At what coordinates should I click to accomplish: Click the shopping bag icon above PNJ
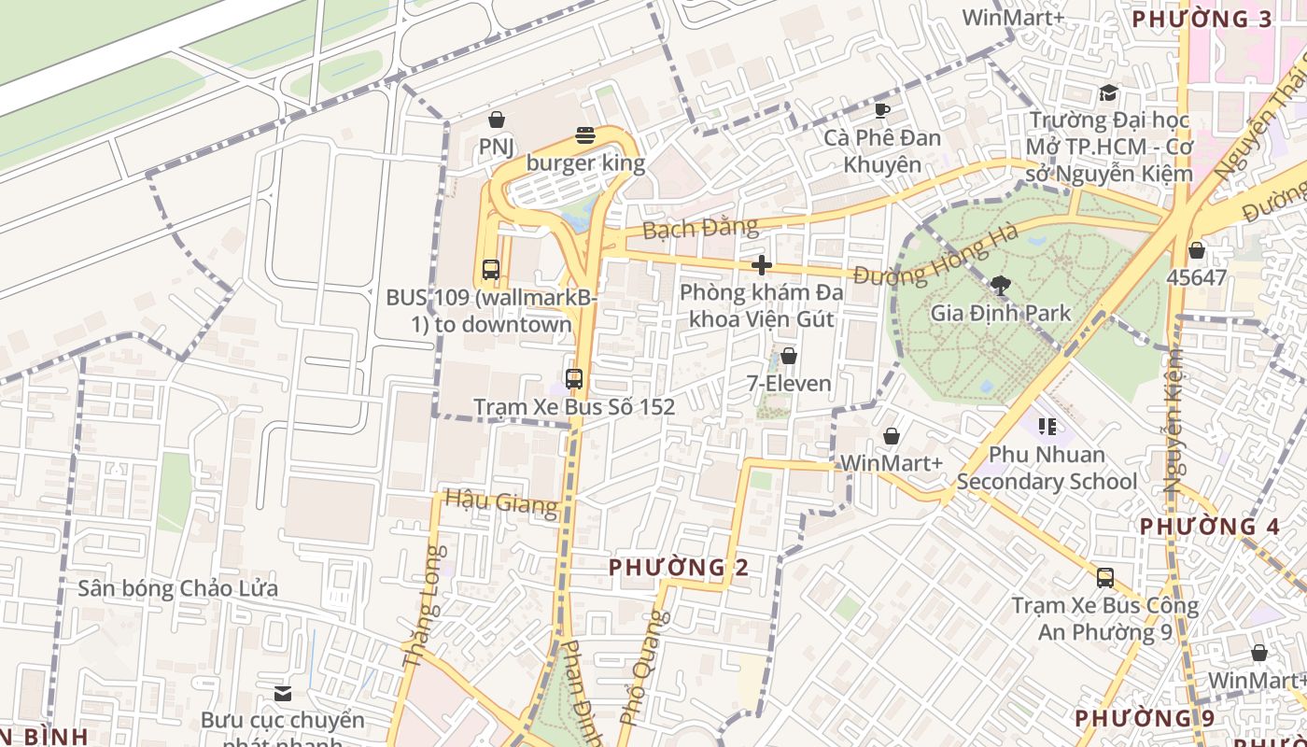(x=497, y=120)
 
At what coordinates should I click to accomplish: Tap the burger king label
(x=585, y=163)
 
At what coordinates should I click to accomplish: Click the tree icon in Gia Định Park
(x=1001, y=285)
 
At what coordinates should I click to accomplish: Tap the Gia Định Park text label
(x=1001, y=313)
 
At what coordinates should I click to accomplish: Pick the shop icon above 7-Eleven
(x=789, y=356)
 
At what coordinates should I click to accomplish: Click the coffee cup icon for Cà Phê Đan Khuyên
(x=881, y=111)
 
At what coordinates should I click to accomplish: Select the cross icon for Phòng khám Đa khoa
(x=762, y=265)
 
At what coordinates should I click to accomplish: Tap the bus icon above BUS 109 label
(x=491, y=270)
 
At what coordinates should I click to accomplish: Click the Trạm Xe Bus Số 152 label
(x=574, y=407)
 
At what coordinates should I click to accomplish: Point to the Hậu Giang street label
(x=501, y=501)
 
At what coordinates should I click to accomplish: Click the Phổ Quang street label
(x=645, y=667)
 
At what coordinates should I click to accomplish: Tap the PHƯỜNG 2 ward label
(x=679, y=568)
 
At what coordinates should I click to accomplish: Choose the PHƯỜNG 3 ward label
(x=1202, y=20)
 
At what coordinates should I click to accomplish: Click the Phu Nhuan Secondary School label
(x=1047, y=468)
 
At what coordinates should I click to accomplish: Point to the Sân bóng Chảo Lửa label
(x=178, y=589)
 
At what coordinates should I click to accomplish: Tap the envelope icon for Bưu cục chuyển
(x=283, y=693)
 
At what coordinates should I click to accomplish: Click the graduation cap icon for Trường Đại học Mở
(x=1108, y=92)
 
